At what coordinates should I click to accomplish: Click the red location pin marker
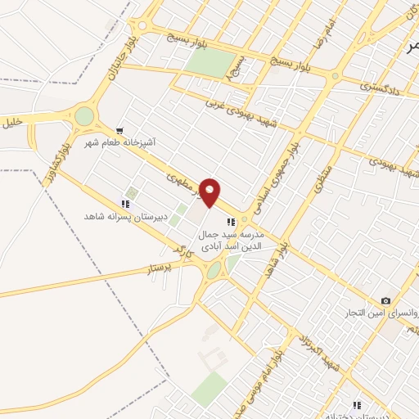click(211, 193)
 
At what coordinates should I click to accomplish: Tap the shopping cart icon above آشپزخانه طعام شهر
click(119, 130)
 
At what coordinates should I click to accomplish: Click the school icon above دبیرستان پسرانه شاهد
click(126, 203)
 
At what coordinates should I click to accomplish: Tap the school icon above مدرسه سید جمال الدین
click(232, 220)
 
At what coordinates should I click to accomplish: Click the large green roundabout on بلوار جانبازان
click(84, 117)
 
